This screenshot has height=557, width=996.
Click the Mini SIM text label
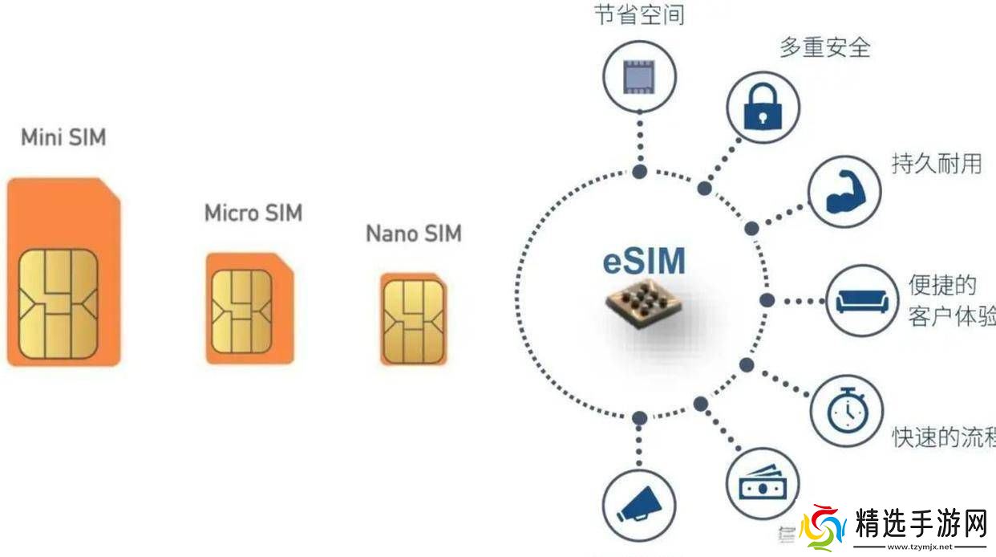(x=63, y=137)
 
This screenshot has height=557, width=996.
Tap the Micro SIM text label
(x=253, y=213)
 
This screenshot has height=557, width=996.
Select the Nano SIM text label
(x=414, y=234)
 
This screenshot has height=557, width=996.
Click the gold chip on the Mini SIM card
(x=58, y=303)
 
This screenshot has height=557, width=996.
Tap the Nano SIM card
(x=413, y=318)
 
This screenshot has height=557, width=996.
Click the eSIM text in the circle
(x=644, y=262)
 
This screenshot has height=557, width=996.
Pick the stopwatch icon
(x=846, y=411)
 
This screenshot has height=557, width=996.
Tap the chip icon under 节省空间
(x=639, y=77)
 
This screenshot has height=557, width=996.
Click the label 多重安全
(x=824, y=47)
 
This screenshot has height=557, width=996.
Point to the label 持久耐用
(x=936, y=164)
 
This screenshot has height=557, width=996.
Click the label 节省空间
(x=639, y=14)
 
